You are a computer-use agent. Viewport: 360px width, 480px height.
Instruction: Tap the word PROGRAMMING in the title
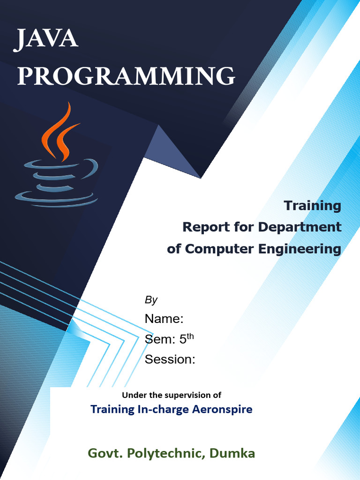(126, 76)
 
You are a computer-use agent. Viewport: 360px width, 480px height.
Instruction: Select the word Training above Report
(313, 205)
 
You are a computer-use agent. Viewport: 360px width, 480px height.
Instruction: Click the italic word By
(151, 300)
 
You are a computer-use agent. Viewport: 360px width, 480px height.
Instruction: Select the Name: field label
(164, 319)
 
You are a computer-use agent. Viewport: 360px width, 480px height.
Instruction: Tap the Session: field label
(170, 360)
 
